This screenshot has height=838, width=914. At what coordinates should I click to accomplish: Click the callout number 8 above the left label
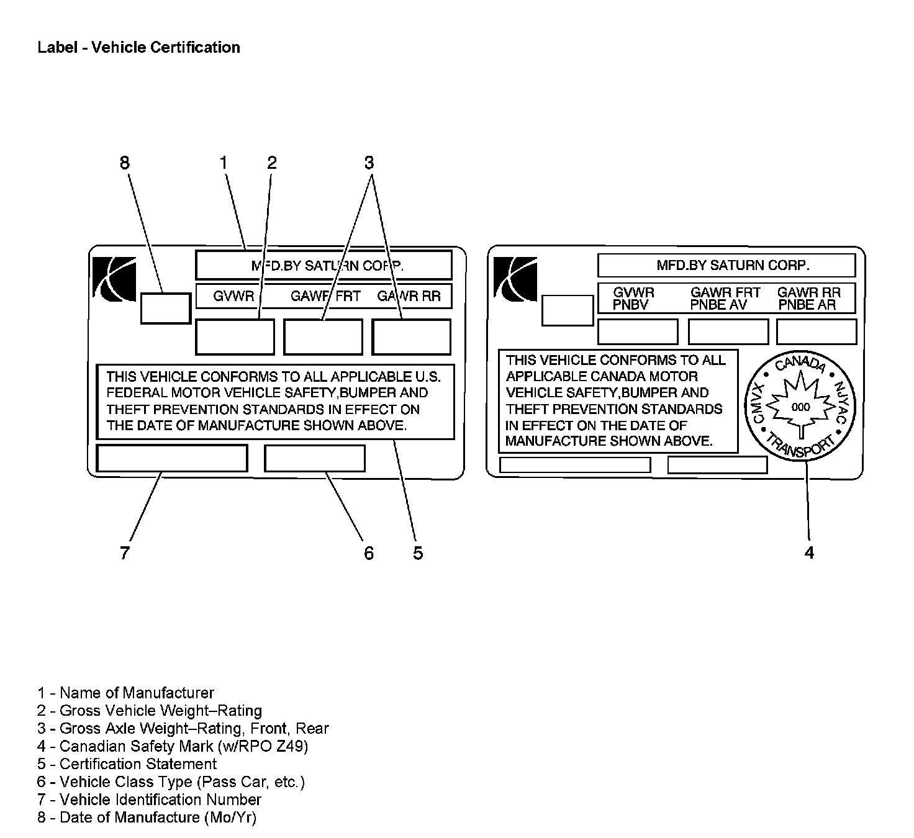point(125,163)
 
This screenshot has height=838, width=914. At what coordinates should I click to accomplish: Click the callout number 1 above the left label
point(224,163)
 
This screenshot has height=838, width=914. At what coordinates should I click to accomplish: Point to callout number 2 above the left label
point(271,163)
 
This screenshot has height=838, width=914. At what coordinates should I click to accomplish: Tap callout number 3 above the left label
point(369,163)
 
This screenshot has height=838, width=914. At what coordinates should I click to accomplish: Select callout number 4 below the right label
point(809,552)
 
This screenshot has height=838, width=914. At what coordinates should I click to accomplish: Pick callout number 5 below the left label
point(418,552)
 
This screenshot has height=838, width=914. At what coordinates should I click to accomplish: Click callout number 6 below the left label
point(369,552)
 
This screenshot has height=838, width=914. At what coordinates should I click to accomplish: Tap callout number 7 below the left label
point(125,552)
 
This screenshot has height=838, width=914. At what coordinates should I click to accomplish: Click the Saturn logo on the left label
point(114,277)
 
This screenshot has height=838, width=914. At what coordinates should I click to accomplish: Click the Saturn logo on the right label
point(515,277)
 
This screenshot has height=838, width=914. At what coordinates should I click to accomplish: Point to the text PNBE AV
point(718,305)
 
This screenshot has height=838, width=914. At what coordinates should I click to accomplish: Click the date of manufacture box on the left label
point(165,308)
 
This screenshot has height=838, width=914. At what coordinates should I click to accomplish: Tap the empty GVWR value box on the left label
point(235,337)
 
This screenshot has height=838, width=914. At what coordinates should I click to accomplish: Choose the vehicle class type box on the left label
point(315,458)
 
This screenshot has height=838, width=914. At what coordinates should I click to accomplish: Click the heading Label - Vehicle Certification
point(138,47)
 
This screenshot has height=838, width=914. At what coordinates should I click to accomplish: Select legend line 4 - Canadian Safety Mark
point(172,746)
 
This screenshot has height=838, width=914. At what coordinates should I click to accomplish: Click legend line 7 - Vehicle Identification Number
point(149,800)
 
